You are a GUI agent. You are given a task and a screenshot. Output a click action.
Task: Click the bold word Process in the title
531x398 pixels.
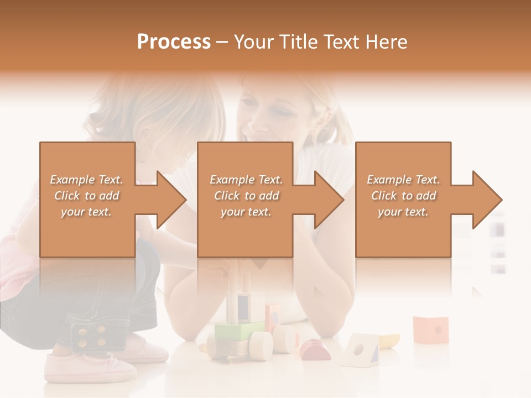click(174, 42)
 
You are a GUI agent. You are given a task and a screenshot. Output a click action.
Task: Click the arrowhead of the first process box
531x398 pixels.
click(169, 200)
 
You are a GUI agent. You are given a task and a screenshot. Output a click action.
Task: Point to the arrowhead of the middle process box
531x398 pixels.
click(327, 200)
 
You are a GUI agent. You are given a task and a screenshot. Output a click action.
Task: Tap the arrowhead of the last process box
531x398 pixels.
click(485, 200)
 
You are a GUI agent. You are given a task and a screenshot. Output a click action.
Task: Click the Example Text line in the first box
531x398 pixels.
click(86, 180)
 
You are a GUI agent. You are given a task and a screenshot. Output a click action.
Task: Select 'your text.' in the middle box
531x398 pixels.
click(246, 212)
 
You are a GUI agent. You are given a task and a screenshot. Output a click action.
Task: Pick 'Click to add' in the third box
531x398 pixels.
click(404, 196)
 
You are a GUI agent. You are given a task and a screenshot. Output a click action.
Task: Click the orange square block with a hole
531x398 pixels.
click(431, 329)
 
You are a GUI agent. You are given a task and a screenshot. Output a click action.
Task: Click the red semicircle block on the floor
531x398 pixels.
click(315, 349)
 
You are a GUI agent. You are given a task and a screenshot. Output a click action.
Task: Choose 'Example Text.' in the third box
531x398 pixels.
click(404, 180)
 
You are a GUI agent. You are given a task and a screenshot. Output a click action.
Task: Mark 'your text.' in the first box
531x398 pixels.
click(86, 212)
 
